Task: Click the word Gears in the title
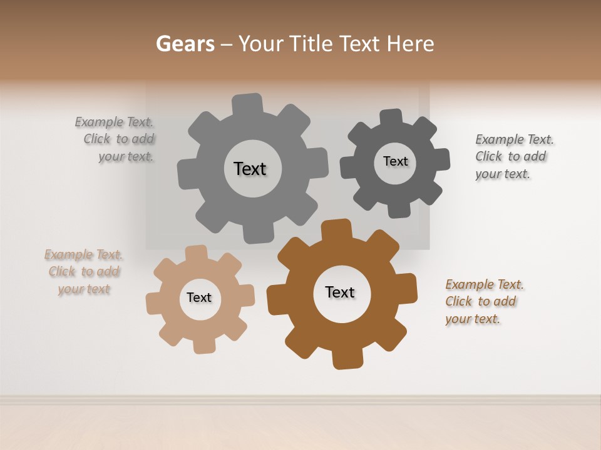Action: (185, 44)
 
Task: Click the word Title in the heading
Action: (313, 44)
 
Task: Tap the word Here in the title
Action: (410, 44)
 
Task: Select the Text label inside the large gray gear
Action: (250, 169)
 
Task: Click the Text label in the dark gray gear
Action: (395, 161)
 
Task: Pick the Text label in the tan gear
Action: (199, 297)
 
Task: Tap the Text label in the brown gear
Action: (340, 292)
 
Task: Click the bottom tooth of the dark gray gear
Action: (399, 209)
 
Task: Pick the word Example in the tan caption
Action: (69, 254)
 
